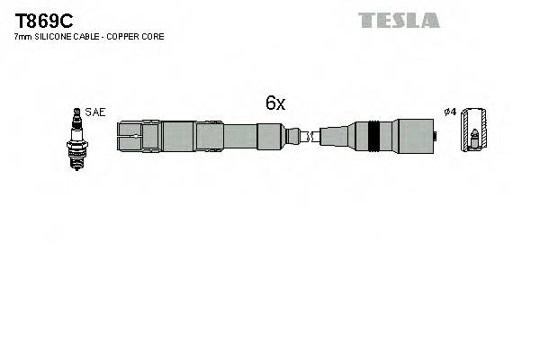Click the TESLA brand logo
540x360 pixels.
click(399, 20)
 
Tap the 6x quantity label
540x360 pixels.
click(274, 103)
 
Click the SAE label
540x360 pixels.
click(96, 112)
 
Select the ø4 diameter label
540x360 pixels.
click(450, 112)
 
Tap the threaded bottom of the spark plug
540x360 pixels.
click(76, 158)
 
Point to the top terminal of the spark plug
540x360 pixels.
click(76, 112)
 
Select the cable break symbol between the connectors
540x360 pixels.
click(304, 137)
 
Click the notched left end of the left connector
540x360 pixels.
click(129, 137)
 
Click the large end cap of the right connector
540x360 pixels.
click(414, 137)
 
